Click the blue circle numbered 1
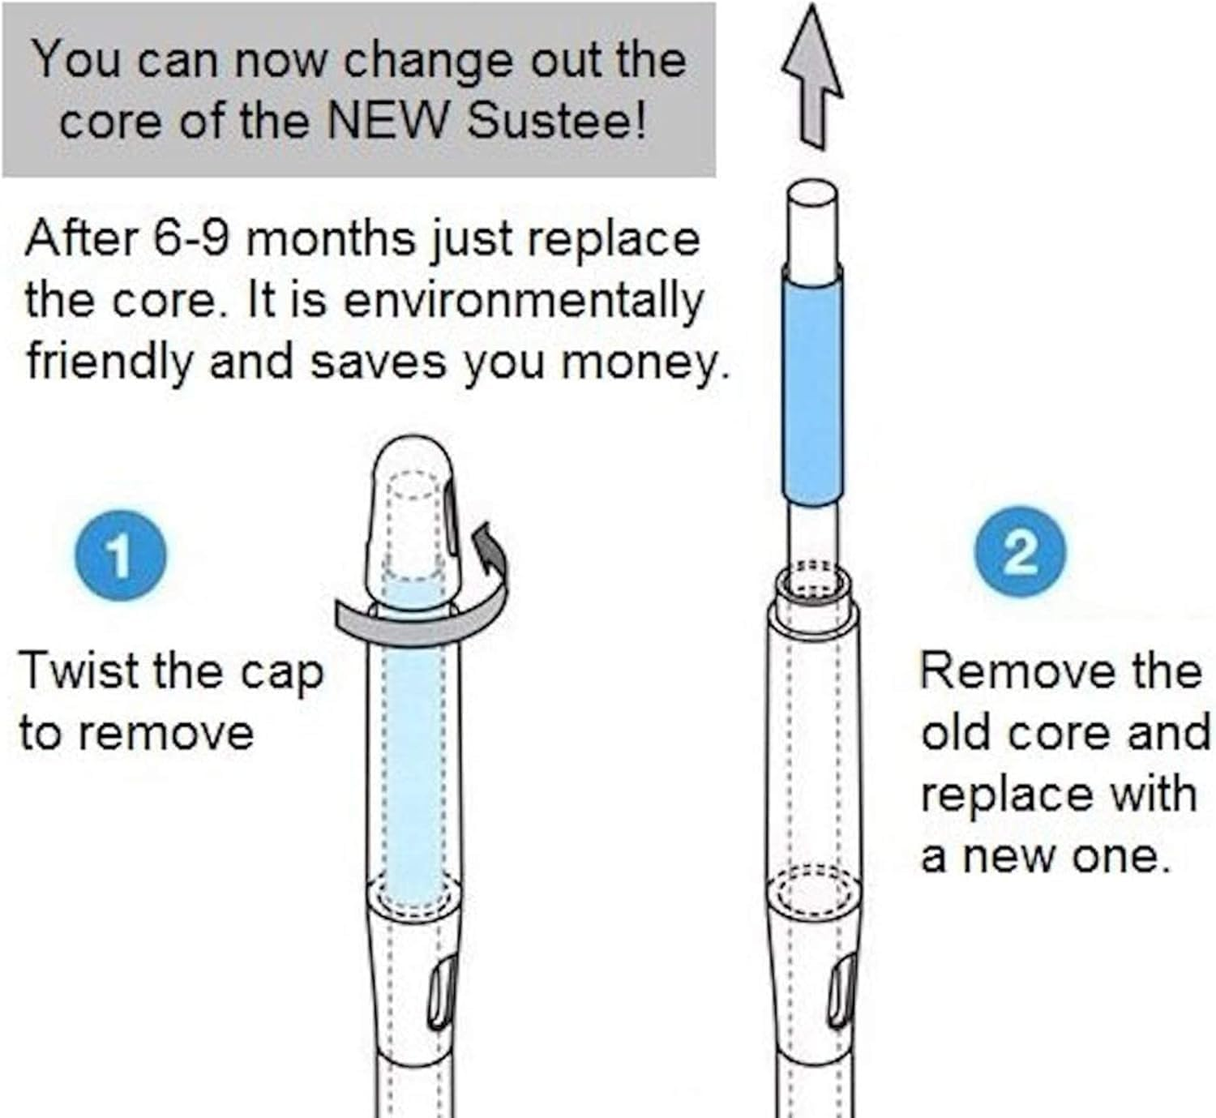(x=121, y=555)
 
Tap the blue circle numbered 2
(x=1021, y=553)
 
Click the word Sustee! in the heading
(x=556, y=122)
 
